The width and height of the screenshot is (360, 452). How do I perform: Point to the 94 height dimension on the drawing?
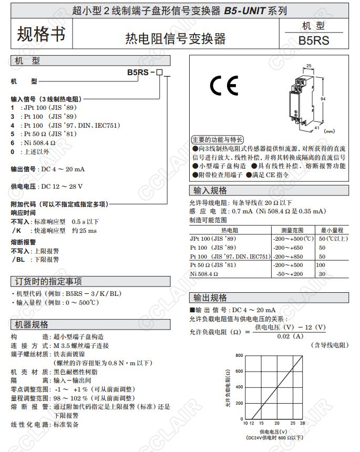point(323,99)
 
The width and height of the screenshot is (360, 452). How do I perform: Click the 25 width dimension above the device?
point(308,66)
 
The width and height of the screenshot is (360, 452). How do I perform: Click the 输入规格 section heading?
point(210,190)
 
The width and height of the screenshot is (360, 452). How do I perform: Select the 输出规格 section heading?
point(210,297)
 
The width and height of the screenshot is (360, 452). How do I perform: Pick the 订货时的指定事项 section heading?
point(48,281)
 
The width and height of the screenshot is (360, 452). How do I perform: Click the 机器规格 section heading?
point(32,324)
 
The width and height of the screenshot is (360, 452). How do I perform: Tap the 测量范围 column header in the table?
point(292,230)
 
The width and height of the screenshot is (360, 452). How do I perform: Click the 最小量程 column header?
point(332,230)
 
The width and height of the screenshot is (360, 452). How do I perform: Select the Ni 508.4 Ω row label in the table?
point(204,274)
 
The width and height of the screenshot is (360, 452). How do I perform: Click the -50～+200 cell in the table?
point(290,274)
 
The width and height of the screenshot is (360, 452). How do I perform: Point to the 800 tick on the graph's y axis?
point(239,356)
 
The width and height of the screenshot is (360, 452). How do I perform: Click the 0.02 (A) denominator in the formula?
point(290,336)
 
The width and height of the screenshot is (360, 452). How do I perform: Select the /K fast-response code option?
point(17,230)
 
